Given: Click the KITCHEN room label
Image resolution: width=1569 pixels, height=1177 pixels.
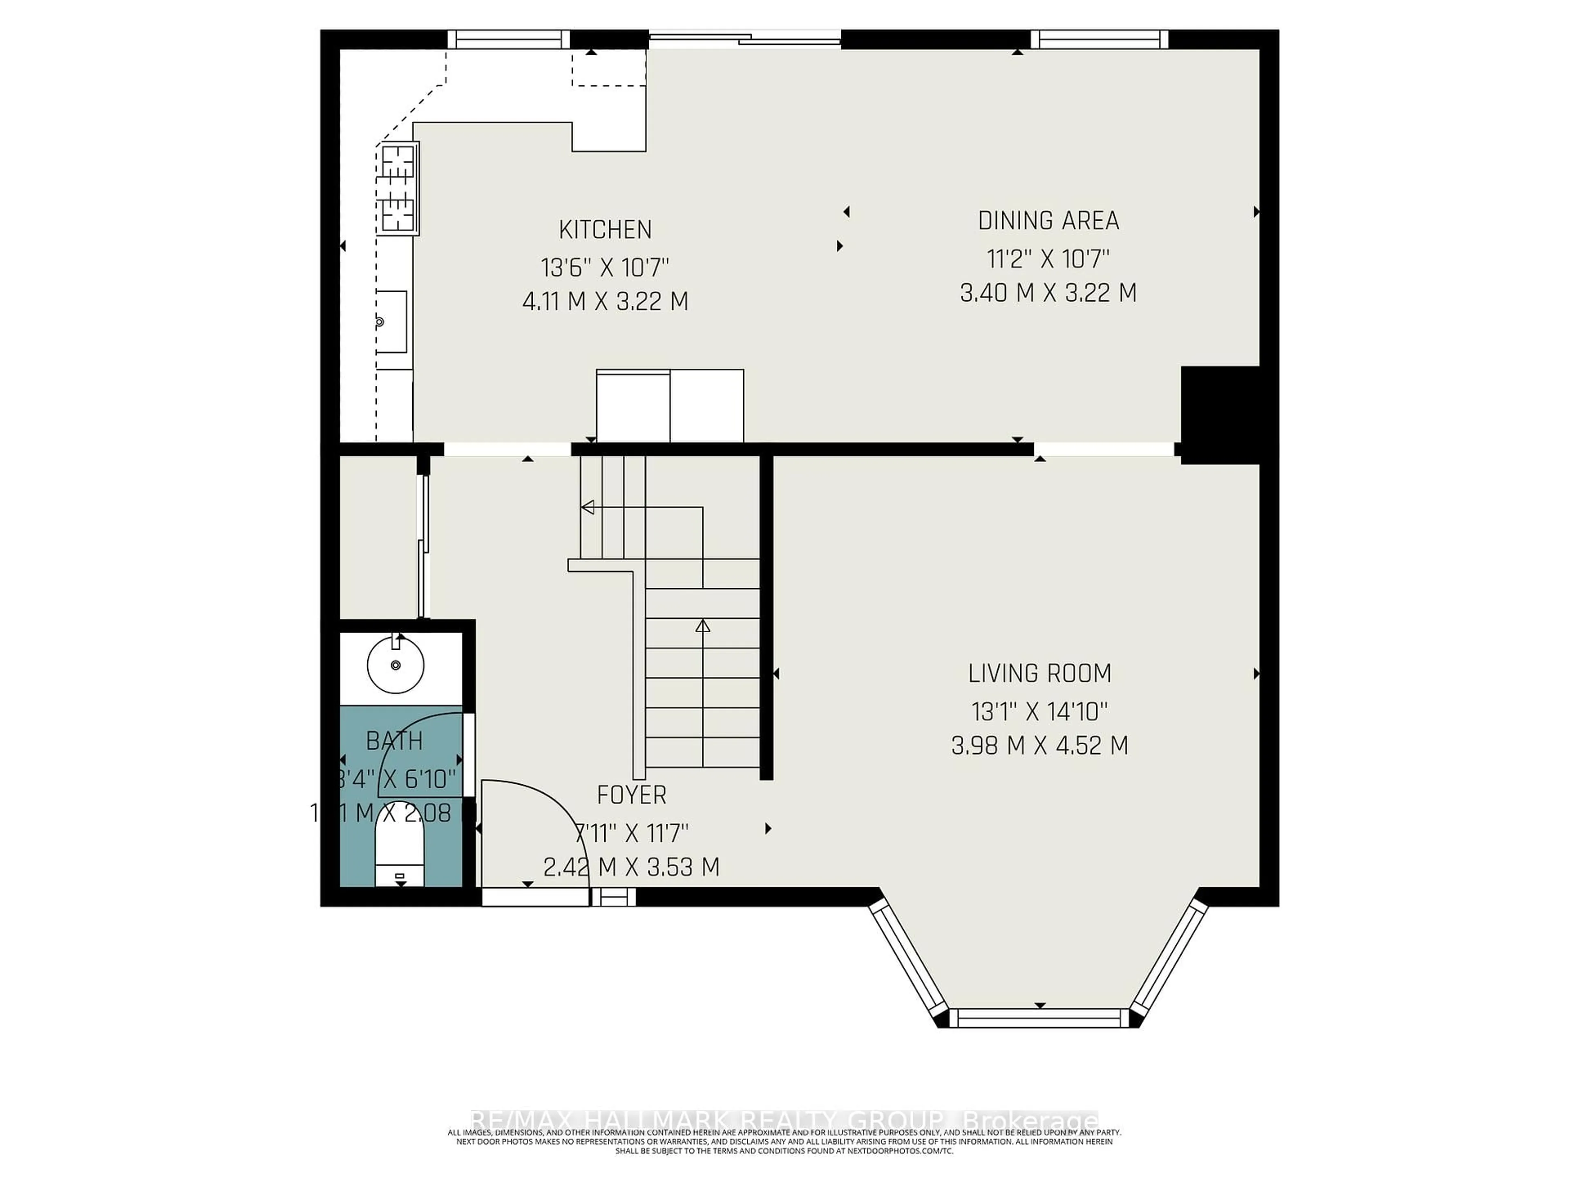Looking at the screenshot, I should tap(605, 230).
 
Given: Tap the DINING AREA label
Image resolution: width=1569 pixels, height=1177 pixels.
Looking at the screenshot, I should tap(1048, 221).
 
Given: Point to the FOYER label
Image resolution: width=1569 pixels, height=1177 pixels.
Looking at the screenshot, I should tap(631, 795).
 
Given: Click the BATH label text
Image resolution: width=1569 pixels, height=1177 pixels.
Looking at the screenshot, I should tap(394, 741).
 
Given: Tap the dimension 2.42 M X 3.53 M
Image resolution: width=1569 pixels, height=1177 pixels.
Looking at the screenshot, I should tap(631, 867).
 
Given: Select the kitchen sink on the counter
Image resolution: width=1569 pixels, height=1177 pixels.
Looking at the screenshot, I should tap(391, 321).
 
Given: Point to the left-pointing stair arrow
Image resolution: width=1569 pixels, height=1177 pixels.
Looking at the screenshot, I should tap(587, 507).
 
